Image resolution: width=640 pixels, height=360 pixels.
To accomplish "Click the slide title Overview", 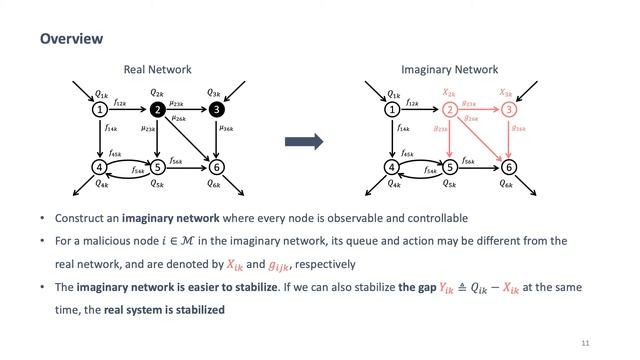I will click(x=72, y=39).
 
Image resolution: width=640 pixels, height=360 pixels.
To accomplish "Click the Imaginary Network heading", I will click(x=450, y=70).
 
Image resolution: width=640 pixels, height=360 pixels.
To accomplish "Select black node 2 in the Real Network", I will click(x=156, y=109).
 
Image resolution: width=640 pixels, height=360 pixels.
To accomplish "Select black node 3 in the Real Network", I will click(x=216, y=109).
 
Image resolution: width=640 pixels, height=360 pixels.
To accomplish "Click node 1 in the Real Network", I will click(x=100, y=109).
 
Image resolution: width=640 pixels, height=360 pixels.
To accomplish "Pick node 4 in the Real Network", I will click(x=100, y=167).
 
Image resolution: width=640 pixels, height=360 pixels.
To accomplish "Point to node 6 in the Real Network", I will click(x=216, y=167).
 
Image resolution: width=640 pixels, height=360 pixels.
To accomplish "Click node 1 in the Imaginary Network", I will click(x=392, y=109).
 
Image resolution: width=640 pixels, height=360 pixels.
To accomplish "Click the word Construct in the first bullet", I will click(x=77, y=218).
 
